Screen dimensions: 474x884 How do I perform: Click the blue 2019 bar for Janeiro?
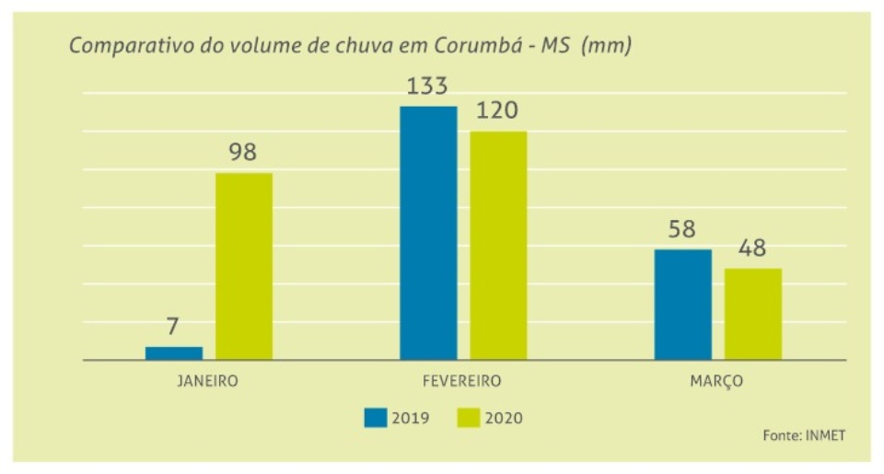(174, 353)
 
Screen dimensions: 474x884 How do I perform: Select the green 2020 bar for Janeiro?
(244, 266)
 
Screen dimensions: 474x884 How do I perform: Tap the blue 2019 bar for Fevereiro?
(428, 233)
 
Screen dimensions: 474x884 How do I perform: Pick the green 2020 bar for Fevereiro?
(498, 245)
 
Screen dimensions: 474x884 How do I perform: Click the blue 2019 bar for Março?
(682, 304)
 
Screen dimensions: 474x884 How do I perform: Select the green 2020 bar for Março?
(752, 314)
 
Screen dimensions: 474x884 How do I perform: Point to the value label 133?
(426, 87)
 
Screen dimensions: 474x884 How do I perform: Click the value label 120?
(497, 111)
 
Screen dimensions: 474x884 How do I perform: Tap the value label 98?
(243, 153)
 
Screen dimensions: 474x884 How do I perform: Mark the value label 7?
(173, 327)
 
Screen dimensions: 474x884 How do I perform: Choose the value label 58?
(681, 229)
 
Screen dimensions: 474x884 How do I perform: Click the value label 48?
(751, 249)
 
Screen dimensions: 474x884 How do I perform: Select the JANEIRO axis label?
(207, 380)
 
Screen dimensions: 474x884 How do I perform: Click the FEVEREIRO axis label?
(462, 380)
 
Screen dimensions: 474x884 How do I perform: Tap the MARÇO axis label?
(716, 380)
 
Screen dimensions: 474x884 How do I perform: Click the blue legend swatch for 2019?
(375, 418)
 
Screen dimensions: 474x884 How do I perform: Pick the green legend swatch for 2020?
(470, 418)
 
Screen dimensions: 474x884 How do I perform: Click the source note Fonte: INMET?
(803, 435)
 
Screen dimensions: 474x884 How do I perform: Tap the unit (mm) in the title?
(607, 46)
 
